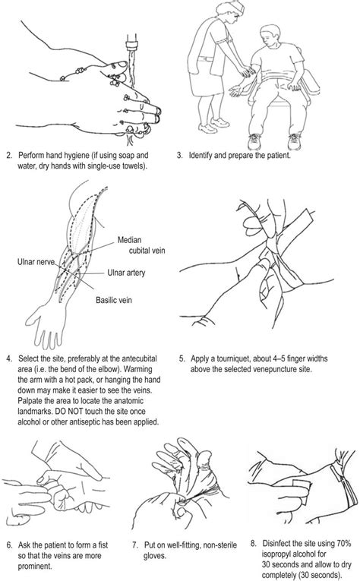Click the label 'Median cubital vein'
136,248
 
